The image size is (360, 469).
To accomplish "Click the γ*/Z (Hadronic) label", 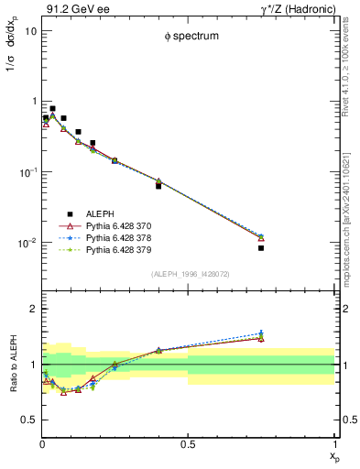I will (298, 9).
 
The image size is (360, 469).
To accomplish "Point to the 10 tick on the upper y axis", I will (31, 30).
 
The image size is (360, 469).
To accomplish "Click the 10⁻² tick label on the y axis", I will (28, 243).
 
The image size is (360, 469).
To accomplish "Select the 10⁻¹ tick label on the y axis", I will (28, 172).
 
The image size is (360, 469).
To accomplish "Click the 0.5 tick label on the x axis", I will (188, 445).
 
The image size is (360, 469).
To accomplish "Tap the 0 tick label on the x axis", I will (42, 445).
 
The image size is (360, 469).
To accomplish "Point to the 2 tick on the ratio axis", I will (33, 309).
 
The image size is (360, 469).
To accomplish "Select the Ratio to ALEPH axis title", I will (11, 363).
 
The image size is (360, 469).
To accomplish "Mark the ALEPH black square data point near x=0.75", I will (261, 247).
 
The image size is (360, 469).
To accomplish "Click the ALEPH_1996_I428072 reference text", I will (188, 274).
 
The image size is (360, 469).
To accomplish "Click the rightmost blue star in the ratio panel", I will (261, 333).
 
